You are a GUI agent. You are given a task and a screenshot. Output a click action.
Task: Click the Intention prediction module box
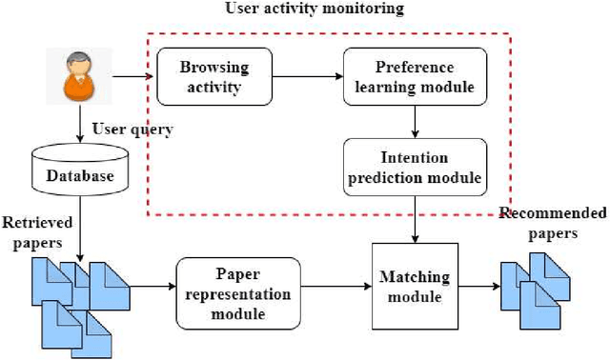coord(415,166)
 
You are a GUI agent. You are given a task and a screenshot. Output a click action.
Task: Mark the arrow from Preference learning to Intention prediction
coord(415,122)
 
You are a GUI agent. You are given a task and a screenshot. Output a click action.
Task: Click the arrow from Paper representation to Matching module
coord(332,287)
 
